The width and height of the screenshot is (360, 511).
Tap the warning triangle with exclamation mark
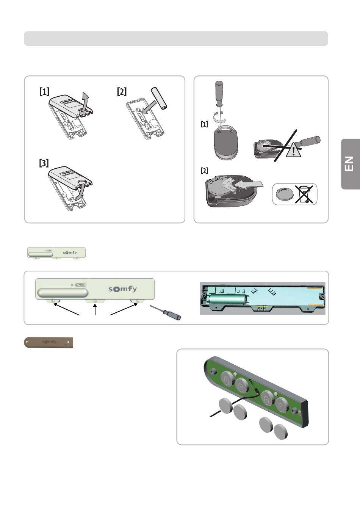[294, 151]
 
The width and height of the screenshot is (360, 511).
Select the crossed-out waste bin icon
[304, 194]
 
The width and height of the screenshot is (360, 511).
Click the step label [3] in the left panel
[44, 163]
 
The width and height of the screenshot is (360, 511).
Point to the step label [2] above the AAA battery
[122, 91]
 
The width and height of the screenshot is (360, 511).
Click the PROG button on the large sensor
[81, 284]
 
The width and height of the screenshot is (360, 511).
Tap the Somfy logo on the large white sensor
[122, 289]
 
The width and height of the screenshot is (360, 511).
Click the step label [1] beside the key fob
[204, 124]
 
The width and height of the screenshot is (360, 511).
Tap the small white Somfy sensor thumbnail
[56, 253]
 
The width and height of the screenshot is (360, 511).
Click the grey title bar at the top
[176, 39]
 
